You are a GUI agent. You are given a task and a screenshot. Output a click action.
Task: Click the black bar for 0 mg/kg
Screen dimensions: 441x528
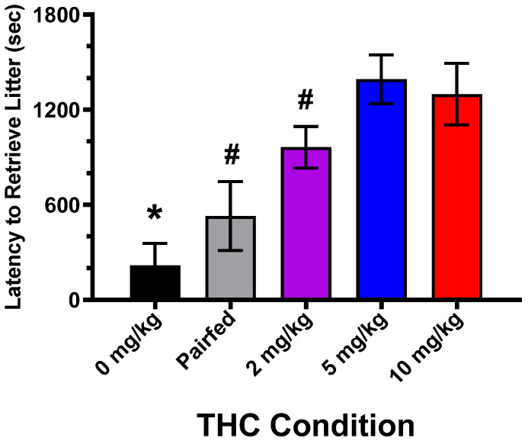tap(155, 282)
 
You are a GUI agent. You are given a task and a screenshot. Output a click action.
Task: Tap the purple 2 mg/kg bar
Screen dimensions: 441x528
tap(306, 223)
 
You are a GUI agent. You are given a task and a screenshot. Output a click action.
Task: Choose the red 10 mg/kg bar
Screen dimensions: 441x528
tap(456, 197)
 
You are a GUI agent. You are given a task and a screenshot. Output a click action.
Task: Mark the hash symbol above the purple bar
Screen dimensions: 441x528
tap(306, 99)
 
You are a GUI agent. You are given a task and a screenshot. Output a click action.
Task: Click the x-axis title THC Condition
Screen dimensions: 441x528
tap(306, 423)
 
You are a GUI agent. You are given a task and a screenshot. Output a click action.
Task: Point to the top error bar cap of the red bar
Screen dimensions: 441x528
tap(456, 63)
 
